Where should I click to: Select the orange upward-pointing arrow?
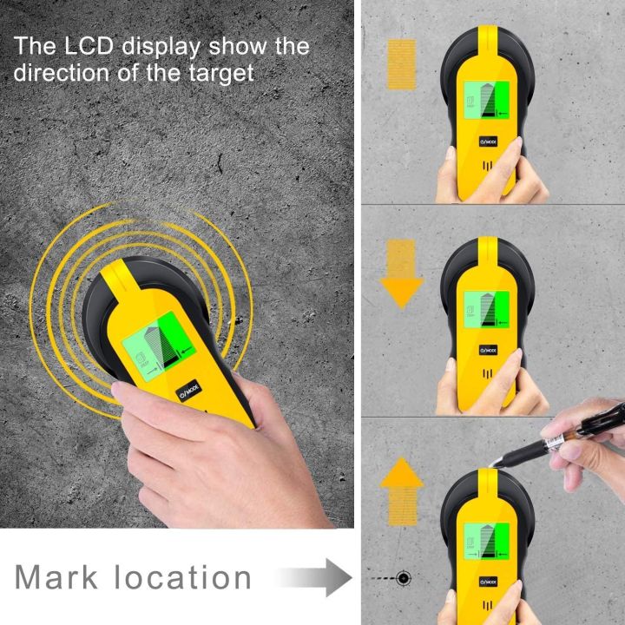(x=401, y=499)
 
